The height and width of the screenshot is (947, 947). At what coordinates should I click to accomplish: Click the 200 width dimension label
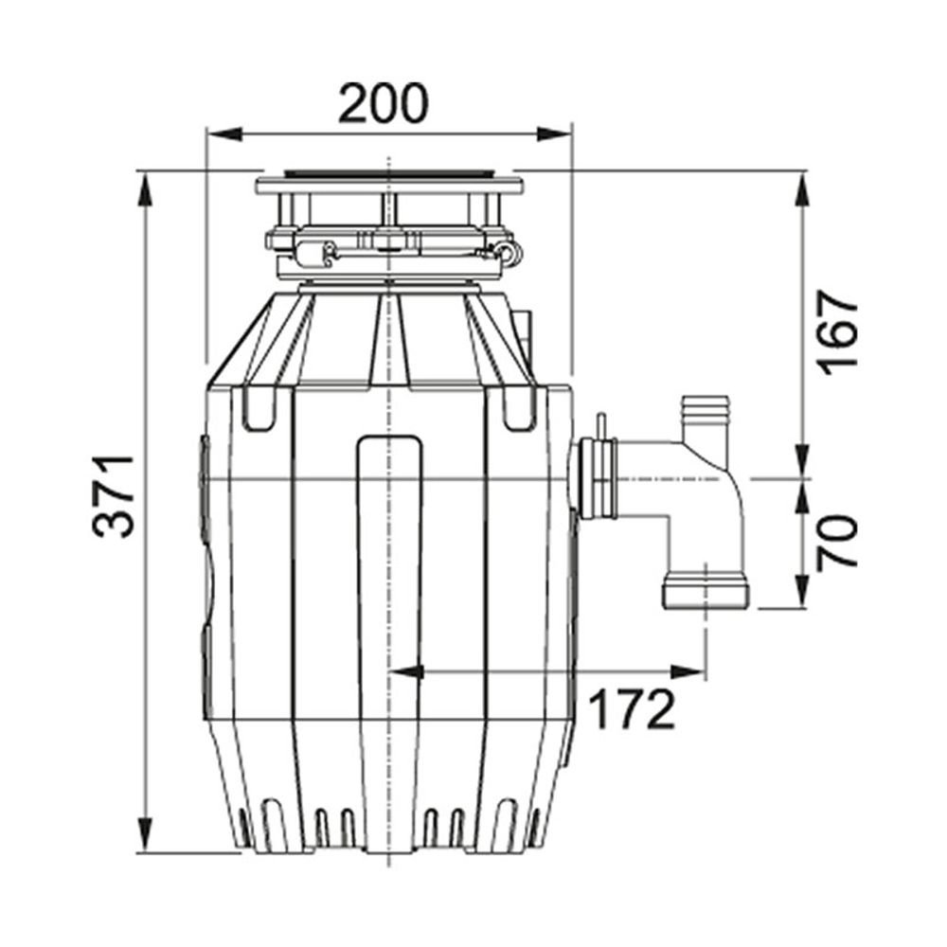point(383,103)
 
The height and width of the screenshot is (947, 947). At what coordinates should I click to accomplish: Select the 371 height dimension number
point(114,496)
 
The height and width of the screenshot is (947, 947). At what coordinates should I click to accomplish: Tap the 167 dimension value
point(836,332)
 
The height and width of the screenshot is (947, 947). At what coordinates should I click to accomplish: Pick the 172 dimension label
point(631,709)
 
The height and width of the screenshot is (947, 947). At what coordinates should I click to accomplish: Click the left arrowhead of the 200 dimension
point(224,134)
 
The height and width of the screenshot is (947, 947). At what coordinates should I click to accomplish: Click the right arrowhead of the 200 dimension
point(553,134)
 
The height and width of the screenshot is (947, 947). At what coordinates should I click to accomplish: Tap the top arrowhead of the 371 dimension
point(145,189)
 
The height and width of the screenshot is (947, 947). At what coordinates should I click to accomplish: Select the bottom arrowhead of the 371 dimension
point(145,834)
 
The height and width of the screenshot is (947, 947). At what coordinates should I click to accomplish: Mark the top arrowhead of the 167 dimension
point(802,189)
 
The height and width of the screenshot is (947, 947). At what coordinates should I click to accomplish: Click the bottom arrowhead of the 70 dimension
point(802,590)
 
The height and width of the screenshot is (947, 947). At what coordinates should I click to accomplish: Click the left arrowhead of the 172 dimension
point(406,671)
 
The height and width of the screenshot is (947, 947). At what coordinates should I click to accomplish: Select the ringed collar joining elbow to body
point(597,479)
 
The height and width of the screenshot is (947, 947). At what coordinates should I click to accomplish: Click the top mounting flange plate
point(389,186)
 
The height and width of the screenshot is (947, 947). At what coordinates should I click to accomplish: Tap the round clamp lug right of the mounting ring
point(509,253)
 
